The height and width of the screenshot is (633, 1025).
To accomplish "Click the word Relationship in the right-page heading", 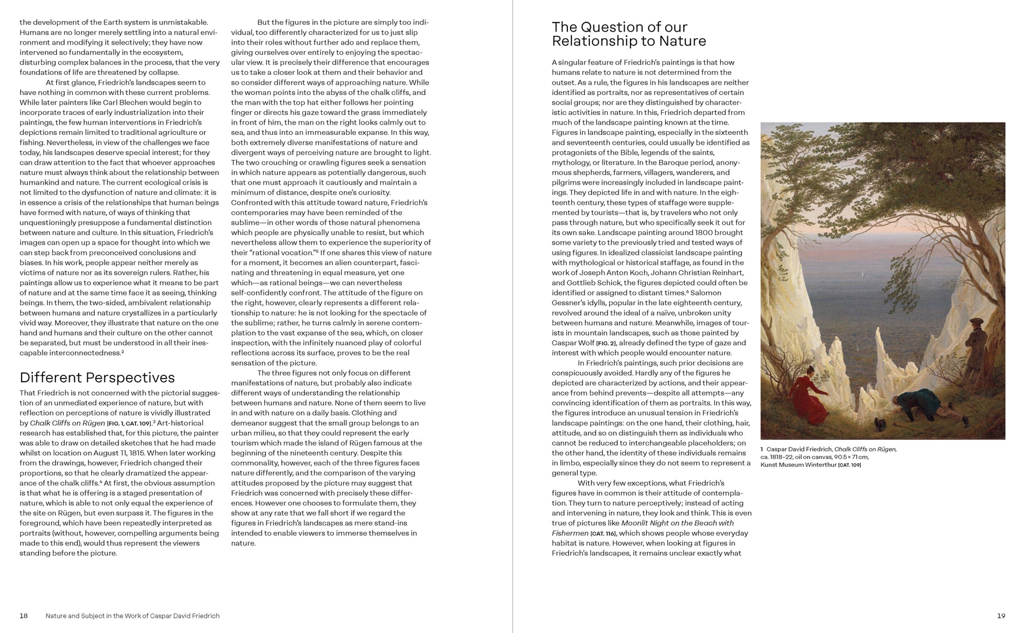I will [588, 41].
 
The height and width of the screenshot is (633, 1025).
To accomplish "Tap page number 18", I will [24, 616].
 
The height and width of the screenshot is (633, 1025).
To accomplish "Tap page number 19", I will [1001, 616].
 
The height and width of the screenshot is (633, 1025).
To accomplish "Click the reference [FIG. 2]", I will [606, 343].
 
